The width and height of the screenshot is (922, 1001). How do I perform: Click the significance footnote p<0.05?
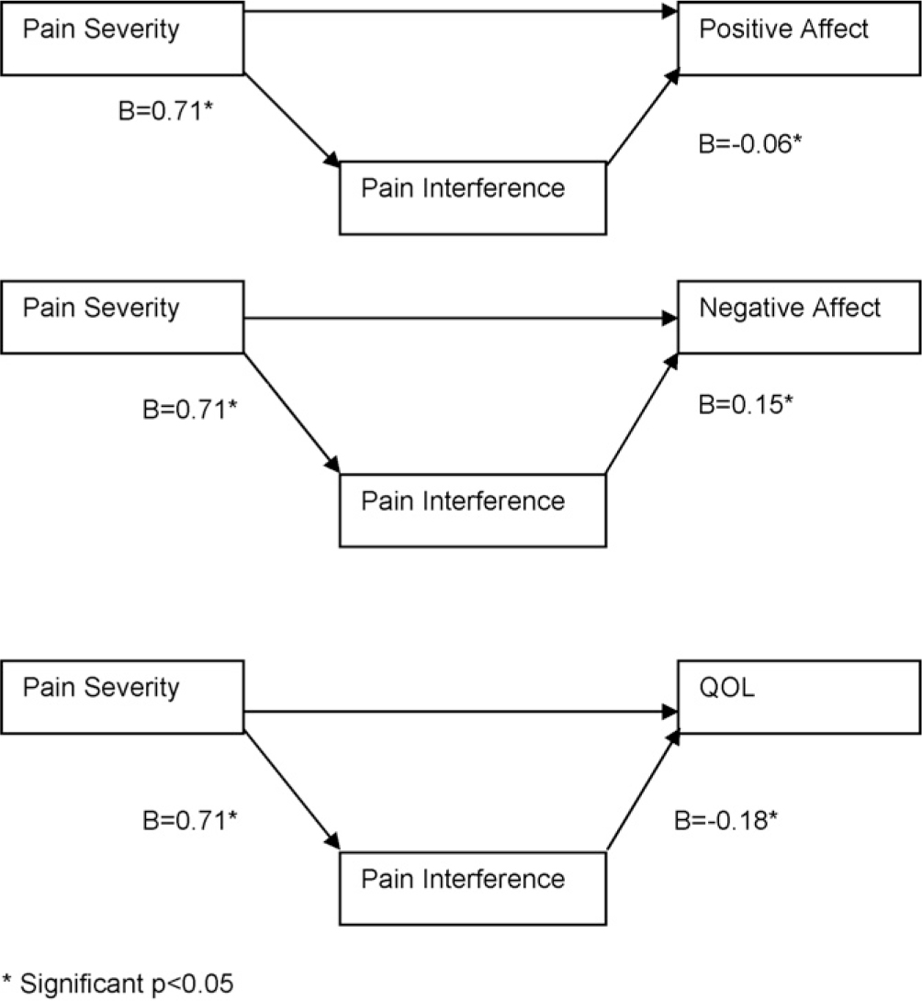coord(118,984)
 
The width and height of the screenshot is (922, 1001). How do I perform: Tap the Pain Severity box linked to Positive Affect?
coord(122,37)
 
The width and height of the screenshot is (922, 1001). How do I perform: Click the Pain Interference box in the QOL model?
coord(473,887)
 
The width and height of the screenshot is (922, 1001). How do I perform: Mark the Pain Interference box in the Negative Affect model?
coord(473,510)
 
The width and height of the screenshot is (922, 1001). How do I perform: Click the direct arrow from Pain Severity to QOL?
coord(459,711)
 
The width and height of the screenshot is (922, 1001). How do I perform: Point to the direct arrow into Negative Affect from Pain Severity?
coord(459,320)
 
